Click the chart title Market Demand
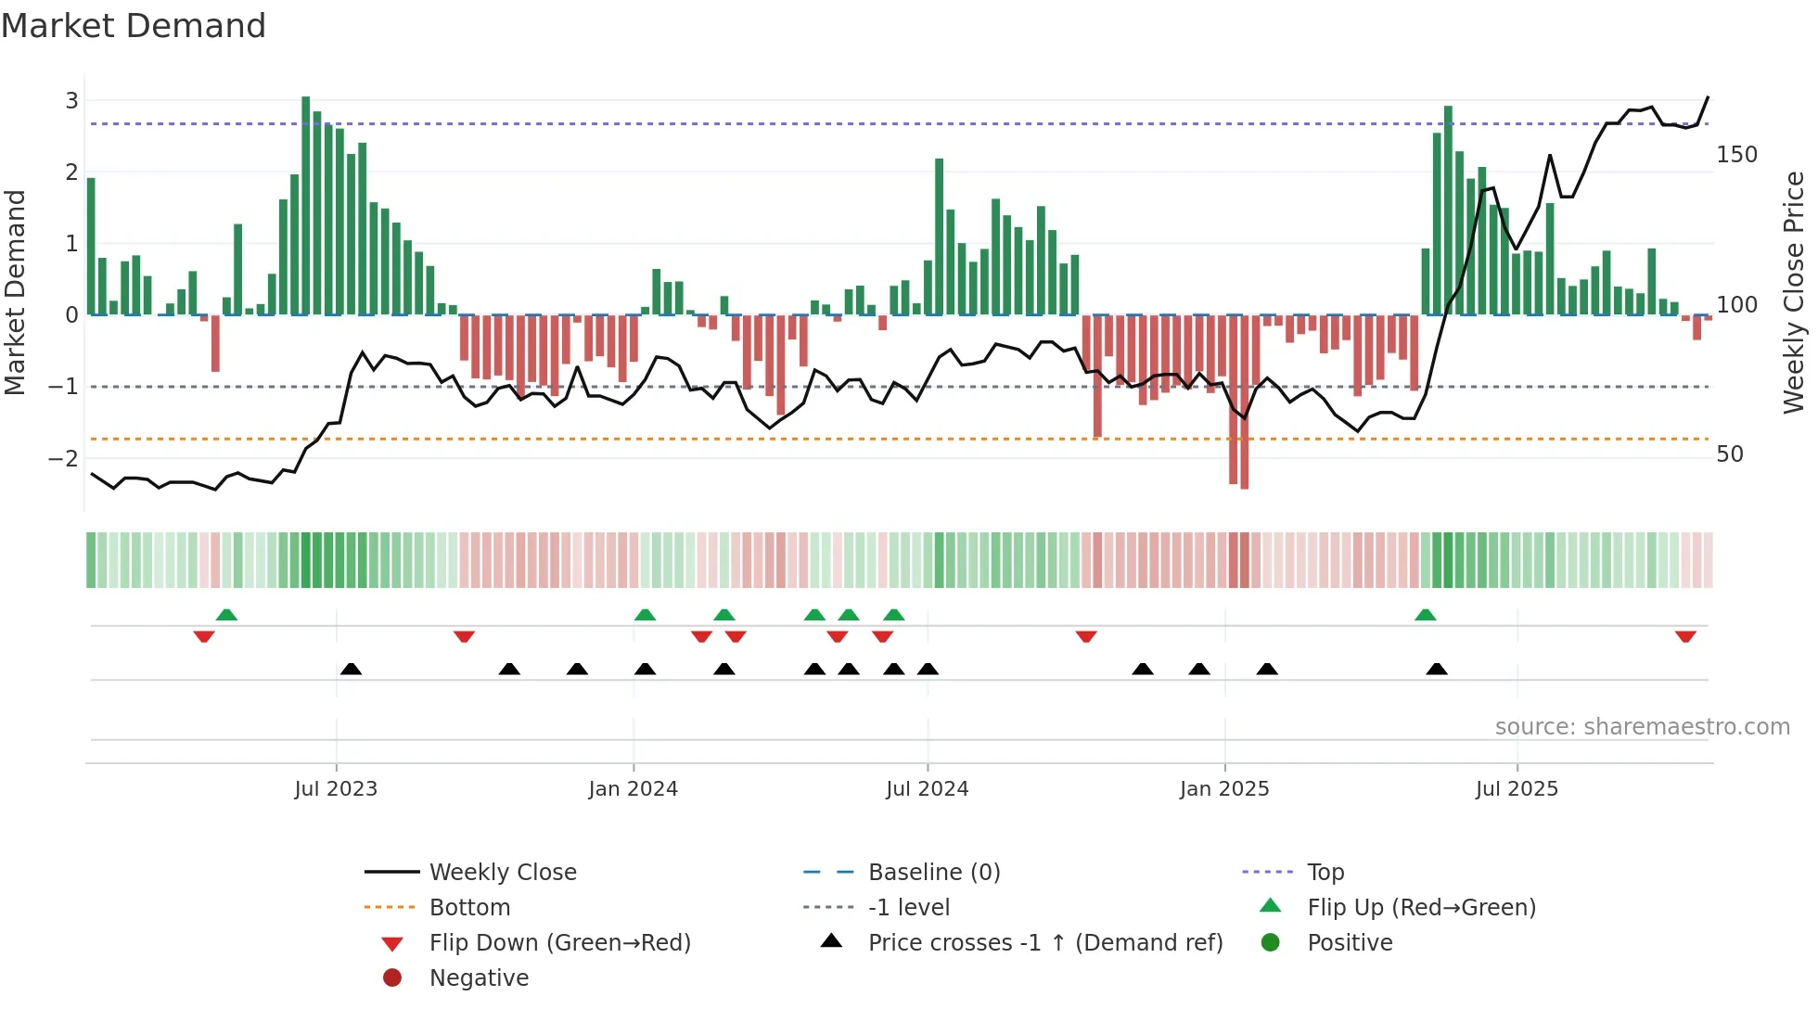pyautogui.click(x=134, y=26)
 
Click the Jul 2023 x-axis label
pyautogui.click(x=336, y=789)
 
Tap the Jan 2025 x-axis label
pyautogui.click(x=1224, y=789)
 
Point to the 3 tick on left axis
pyautogui.click(x=71, y=100)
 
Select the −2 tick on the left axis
pyautogui.click(x=64, y=458)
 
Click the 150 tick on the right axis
pyautogui.click(x=1736, y=155)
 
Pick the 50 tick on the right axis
pyautogui.click(x=1730, y=454)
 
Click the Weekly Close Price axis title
pyautogui.click(x=1794, y=292)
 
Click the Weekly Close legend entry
pyautogui.click(x=502, y=873)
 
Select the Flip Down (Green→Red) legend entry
pyautogui.click(x=559, y=943)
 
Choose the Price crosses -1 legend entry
pyautogui.click(x=1044, y=943)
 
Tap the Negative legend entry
pyautogui.click(x=479, y=978)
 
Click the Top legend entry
pyautogui.click(x=1325, y=873)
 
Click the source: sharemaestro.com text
pyautogui.click(x=1642, y=727)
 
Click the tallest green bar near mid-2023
pyautogui.click(x=306, y=204)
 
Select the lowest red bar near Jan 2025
pyautogui.click(x=1244, y=403)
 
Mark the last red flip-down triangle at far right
pyautogui.click(x=1685, y=636)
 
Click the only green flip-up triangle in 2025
pyautogui.click(x=1426, y=615)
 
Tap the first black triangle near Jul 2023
pyautogui.click(x=351, y=669)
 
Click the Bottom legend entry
pyautogui.click(x=469, y=908)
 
